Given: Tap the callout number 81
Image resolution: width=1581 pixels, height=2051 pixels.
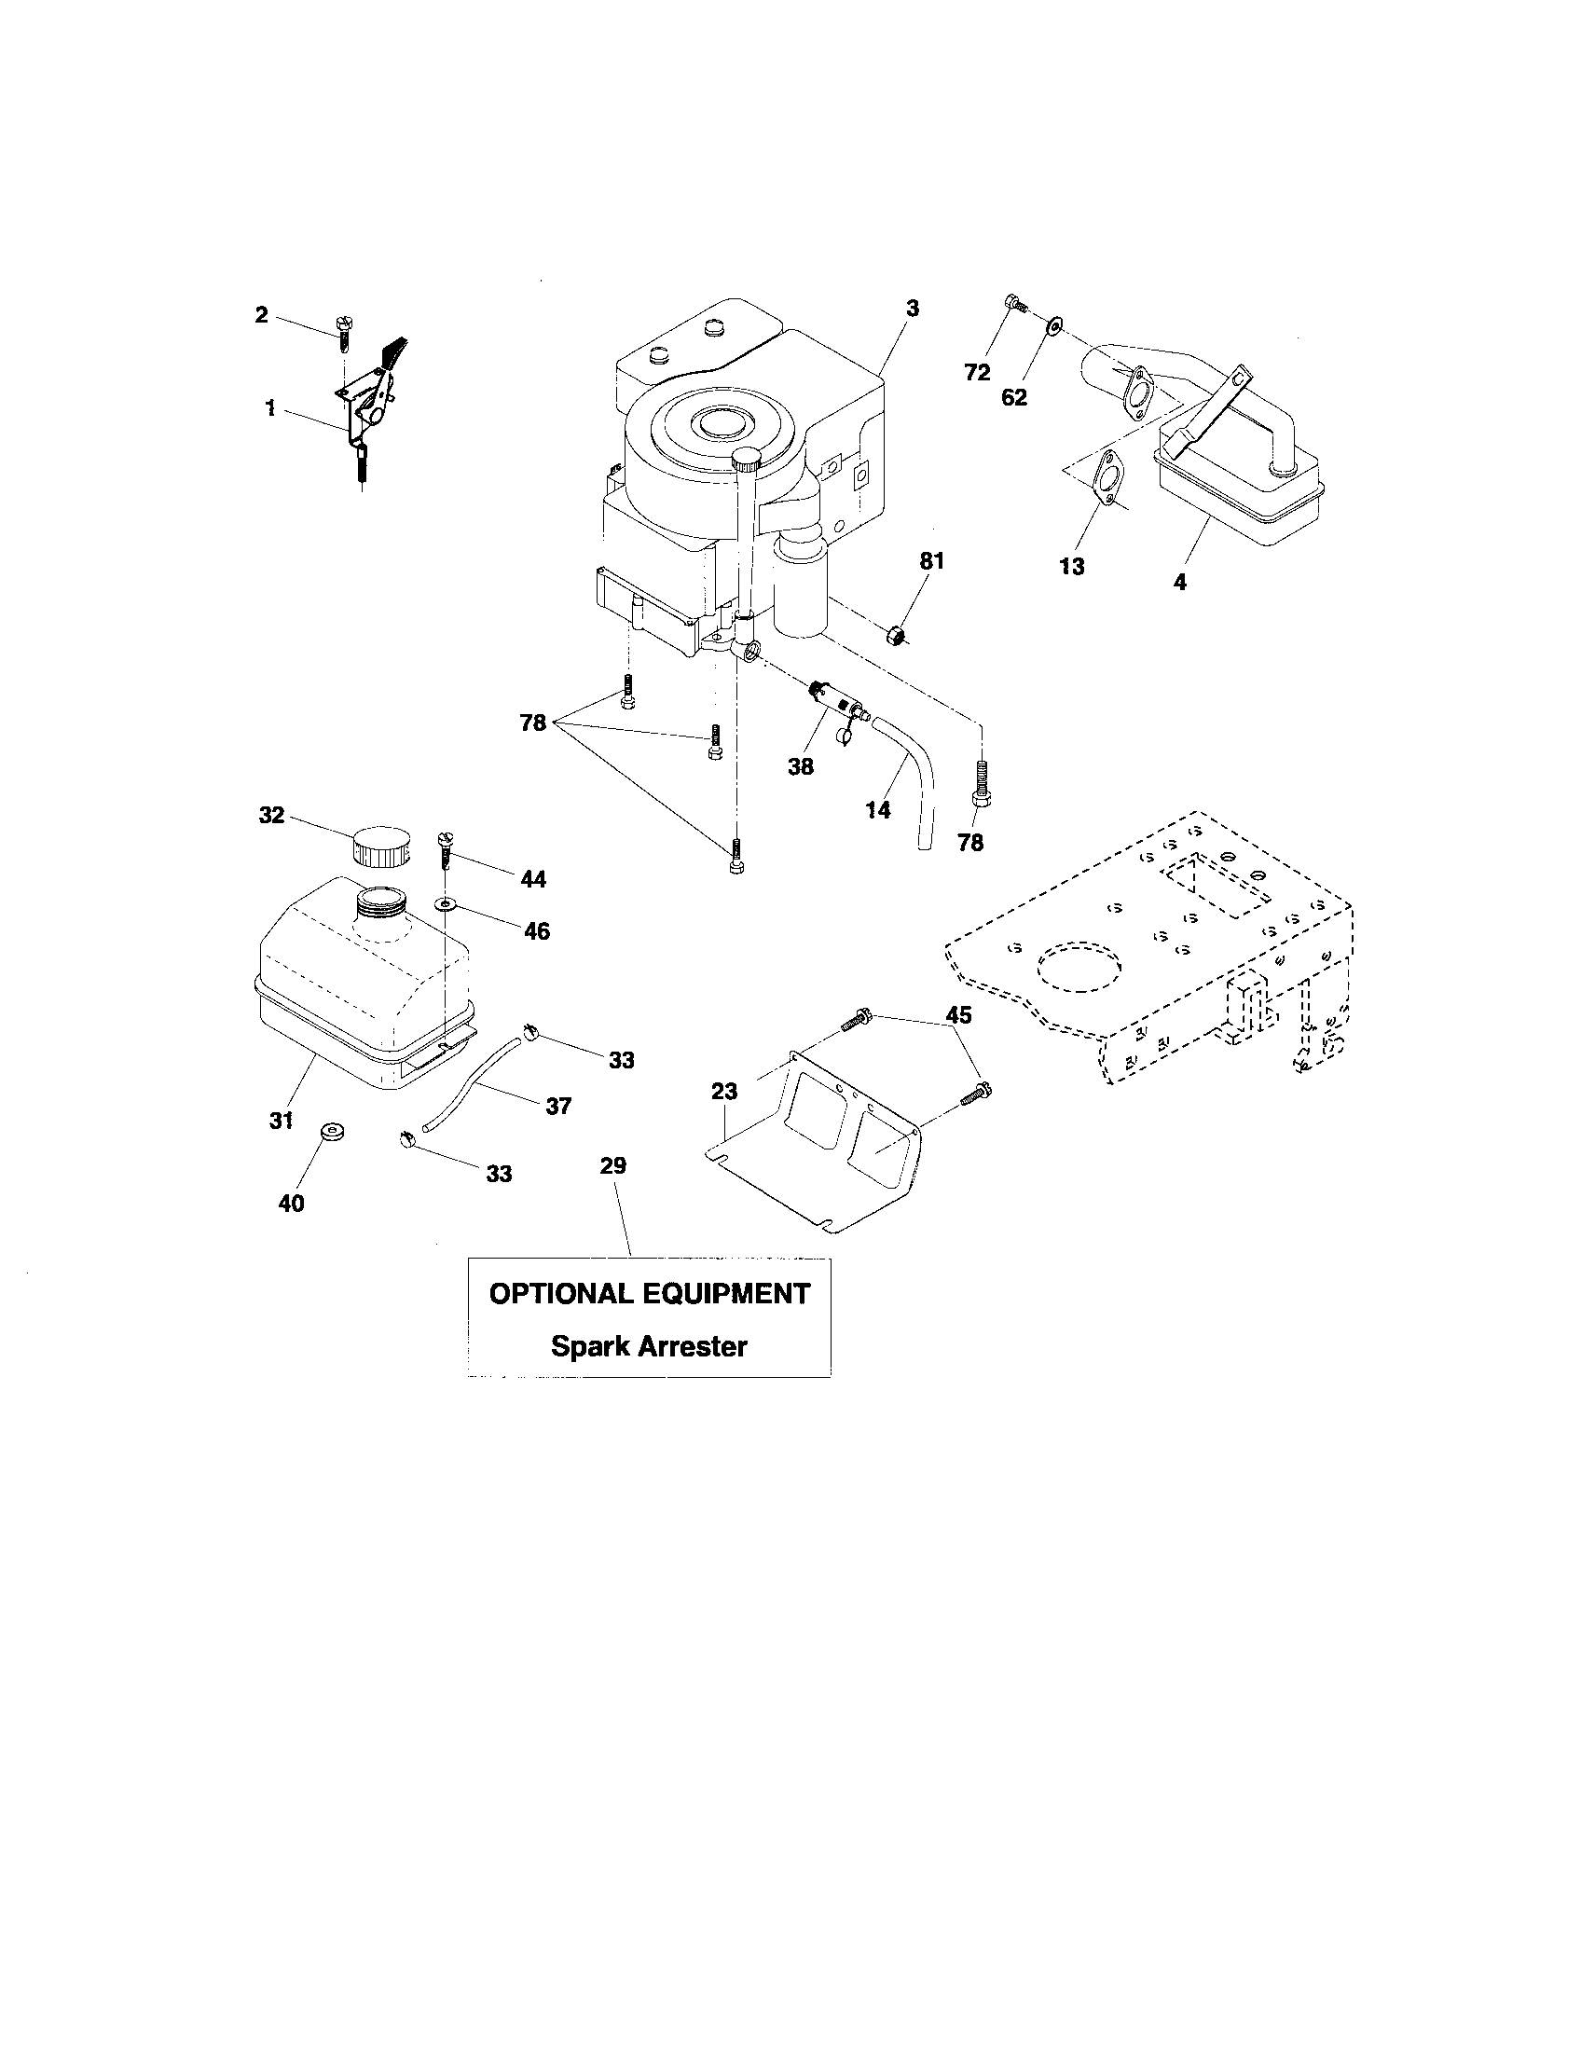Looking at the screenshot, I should [931, 561].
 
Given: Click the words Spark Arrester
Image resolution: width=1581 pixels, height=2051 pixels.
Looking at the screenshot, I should [649, 1347].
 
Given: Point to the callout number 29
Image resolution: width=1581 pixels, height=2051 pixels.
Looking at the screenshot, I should [612, 1165].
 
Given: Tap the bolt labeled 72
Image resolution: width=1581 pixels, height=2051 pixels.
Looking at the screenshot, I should [1012, 302].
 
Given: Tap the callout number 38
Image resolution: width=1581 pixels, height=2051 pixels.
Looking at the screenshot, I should [801, 766].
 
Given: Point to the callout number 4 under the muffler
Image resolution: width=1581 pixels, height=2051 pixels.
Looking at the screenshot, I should [1179, 583].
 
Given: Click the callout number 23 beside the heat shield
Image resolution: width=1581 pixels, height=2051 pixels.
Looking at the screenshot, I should [723, 1092].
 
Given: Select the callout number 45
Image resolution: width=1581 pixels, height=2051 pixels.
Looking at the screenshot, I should [958, 1015].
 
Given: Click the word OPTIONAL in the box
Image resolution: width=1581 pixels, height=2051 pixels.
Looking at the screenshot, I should [559, 1293].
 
